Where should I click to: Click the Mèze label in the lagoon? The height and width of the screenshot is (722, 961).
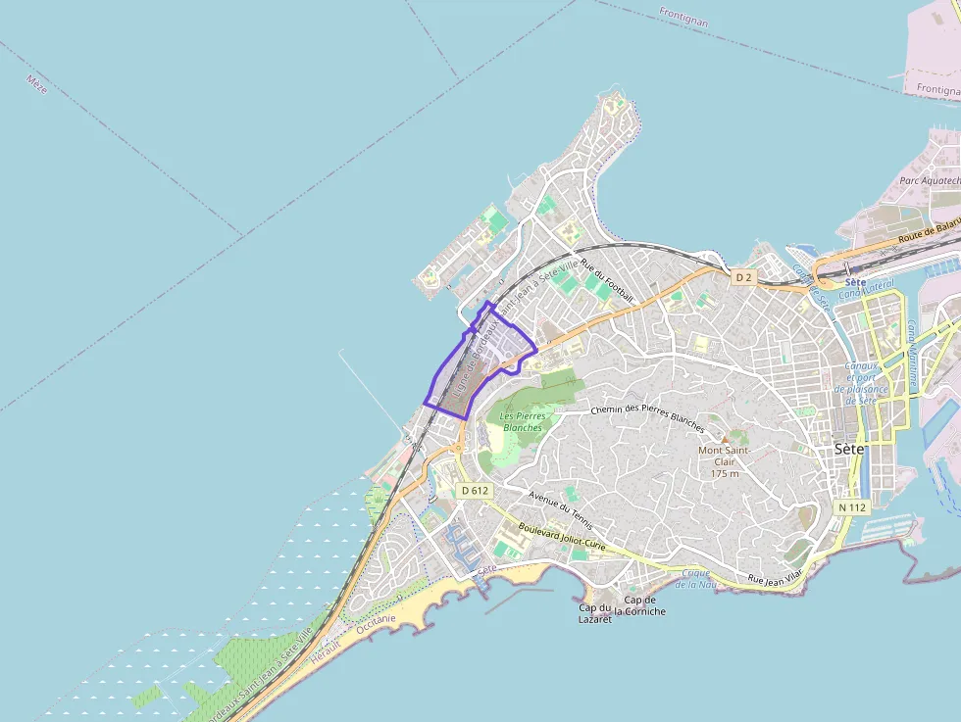37,84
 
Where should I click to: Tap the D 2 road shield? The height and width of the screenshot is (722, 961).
743,277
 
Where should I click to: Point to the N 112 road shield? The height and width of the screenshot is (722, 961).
852,507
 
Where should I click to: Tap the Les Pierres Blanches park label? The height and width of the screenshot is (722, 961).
522,421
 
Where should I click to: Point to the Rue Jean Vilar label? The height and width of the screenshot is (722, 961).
775,580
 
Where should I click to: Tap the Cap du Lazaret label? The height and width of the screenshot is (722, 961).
595,613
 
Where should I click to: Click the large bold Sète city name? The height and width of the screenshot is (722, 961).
849,449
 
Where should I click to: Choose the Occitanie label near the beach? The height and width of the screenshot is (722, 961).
376,624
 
